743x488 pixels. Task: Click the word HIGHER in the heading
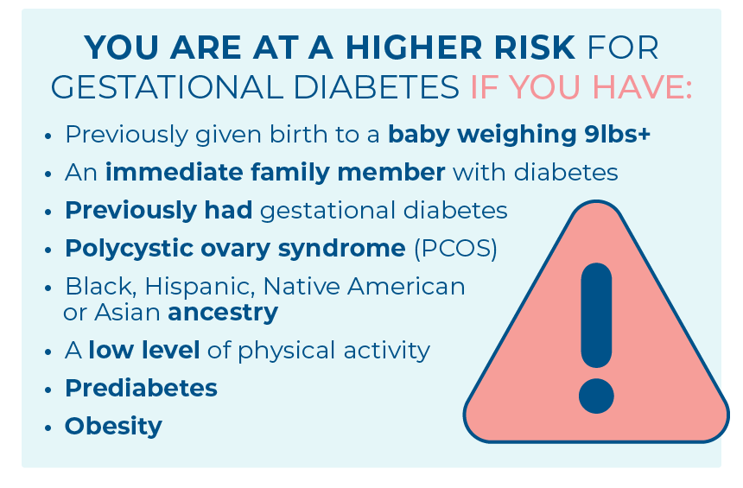413,48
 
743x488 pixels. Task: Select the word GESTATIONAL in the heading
167,87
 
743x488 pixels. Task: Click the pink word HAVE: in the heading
642,87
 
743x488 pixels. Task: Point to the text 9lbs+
617,134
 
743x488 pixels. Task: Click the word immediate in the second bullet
174,172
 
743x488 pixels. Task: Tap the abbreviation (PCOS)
456,248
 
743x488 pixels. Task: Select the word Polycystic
129,249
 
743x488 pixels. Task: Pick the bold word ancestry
223,313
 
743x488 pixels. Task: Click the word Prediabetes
141,388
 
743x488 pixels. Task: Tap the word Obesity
113,427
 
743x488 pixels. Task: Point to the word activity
387,351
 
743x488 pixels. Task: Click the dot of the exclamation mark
596,396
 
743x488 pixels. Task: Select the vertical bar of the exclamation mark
596,315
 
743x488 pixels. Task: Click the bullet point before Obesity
48,428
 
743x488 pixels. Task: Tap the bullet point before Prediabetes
48,390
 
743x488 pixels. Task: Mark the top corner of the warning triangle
596,201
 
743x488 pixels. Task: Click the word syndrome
341,249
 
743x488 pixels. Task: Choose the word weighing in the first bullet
517,134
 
